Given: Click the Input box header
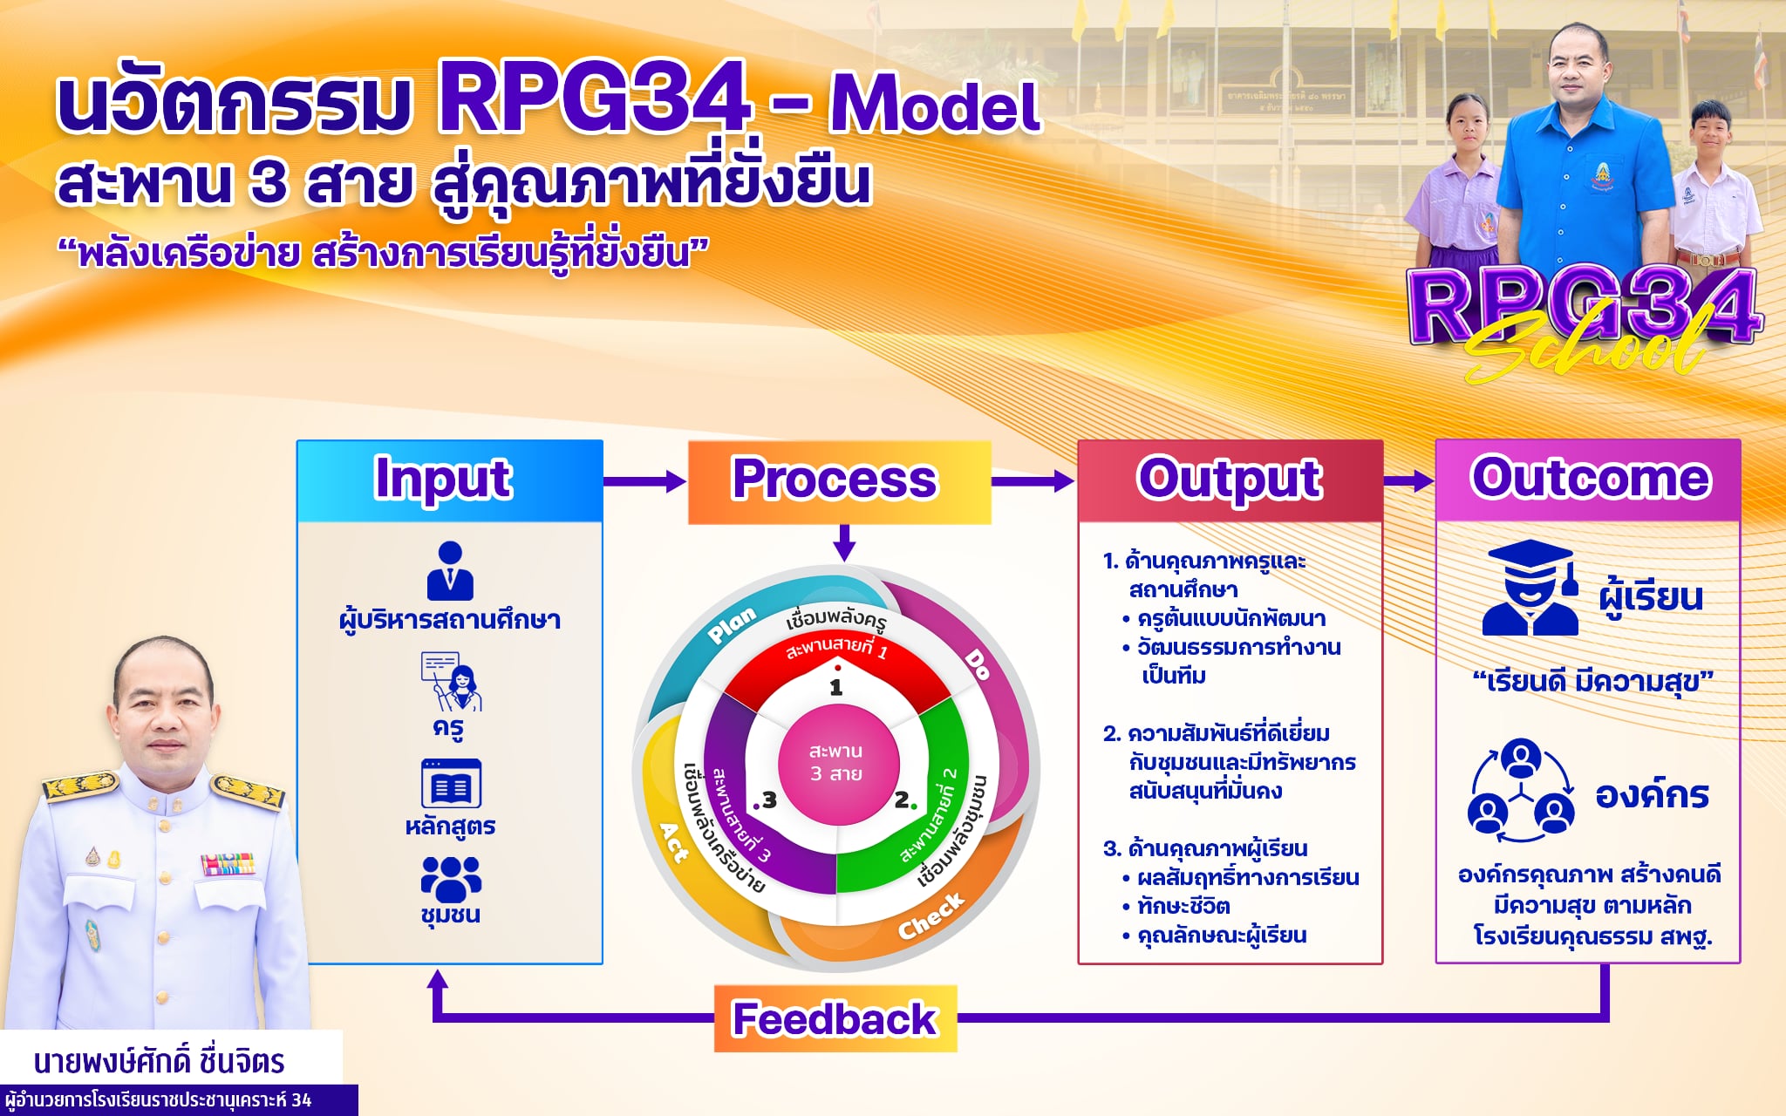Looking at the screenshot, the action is pos(450,480).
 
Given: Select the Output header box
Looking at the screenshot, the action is pos(1230,480).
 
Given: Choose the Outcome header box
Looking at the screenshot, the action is pos(1588,480).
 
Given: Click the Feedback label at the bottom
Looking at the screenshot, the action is pos(835,1018).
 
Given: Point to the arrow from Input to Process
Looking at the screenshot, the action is pos(644,480).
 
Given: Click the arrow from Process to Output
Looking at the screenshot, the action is pos(1033,480).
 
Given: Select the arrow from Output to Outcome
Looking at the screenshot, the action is pos(1409,480).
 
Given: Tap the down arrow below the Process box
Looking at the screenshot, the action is pos(843,542).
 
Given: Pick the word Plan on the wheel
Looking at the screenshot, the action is pos(733,625).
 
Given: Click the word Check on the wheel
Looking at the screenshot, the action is pos(931,916).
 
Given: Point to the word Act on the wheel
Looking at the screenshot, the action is pos(673,841).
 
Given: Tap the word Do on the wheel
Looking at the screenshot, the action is pos(978,665).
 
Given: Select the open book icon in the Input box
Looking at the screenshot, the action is pos(451,784).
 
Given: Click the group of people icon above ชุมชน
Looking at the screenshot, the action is pos(451,879).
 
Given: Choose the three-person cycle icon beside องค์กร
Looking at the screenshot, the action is pos(1522,791).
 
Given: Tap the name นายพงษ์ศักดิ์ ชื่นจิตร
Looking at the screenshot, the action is pos(160,1061).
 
